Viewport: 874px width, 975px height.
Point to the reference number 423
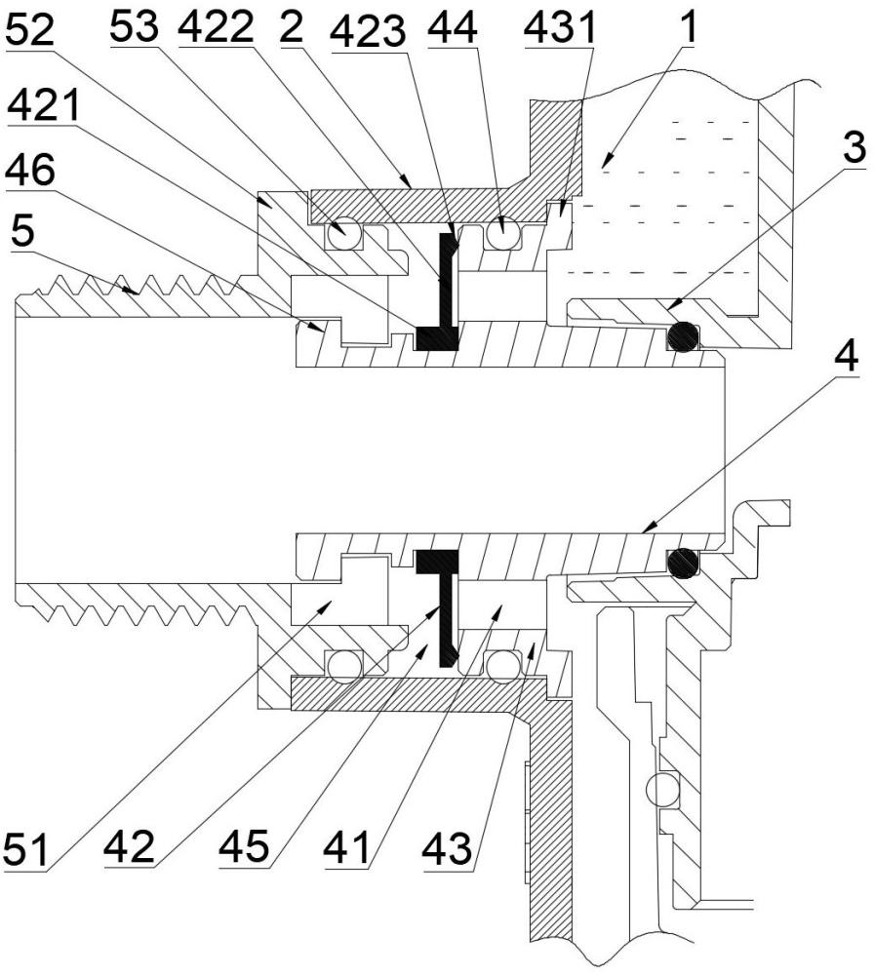[x=369, y=32]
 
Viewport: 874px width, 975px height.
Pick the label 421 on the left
[x=44, y=104]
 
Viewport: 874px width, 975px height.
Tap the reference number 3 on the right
[x=854, y=147]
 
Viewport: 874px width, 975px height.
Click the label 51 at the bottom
[x=26, y=849]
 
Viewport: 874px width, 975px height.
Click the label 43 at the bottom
[x=447, y=847]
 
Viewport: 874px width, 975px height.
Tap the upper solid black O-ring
[x=683, y=336]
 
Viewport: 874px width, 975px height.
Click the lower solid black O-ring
[x=683, y=563]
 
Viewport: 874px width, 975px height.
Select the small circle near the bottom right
[x=662, y=790]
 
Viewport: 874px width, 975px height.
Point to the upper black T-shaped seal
[x=446, y=286]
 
